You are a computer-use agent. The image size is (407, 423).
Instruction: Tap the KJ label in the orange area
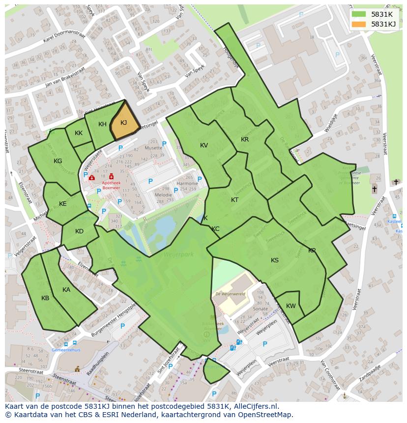(124, 123)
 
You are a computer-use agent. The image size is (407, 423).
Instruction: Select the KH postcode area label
(102, 124)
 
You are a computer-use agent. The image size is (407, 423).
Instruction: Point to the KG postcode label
(58, 161)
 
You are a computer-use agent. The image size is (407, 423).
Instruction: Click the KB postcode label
(45, 298)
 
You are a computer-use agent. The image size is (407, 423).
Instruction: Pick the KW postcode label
(291, 306)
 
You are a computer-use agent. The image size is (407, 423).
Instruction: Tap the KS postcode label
(275, 260)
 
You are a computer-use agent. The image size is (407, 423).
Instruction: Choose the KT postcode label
(234, 200)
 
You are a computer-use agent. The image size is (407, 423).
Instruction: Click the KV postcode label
(204, 145)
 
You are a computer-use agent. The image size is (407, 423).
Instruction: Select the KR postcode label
(245, 140)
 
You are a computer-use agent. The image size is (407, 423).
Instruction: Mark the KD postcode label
(79, 231)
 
